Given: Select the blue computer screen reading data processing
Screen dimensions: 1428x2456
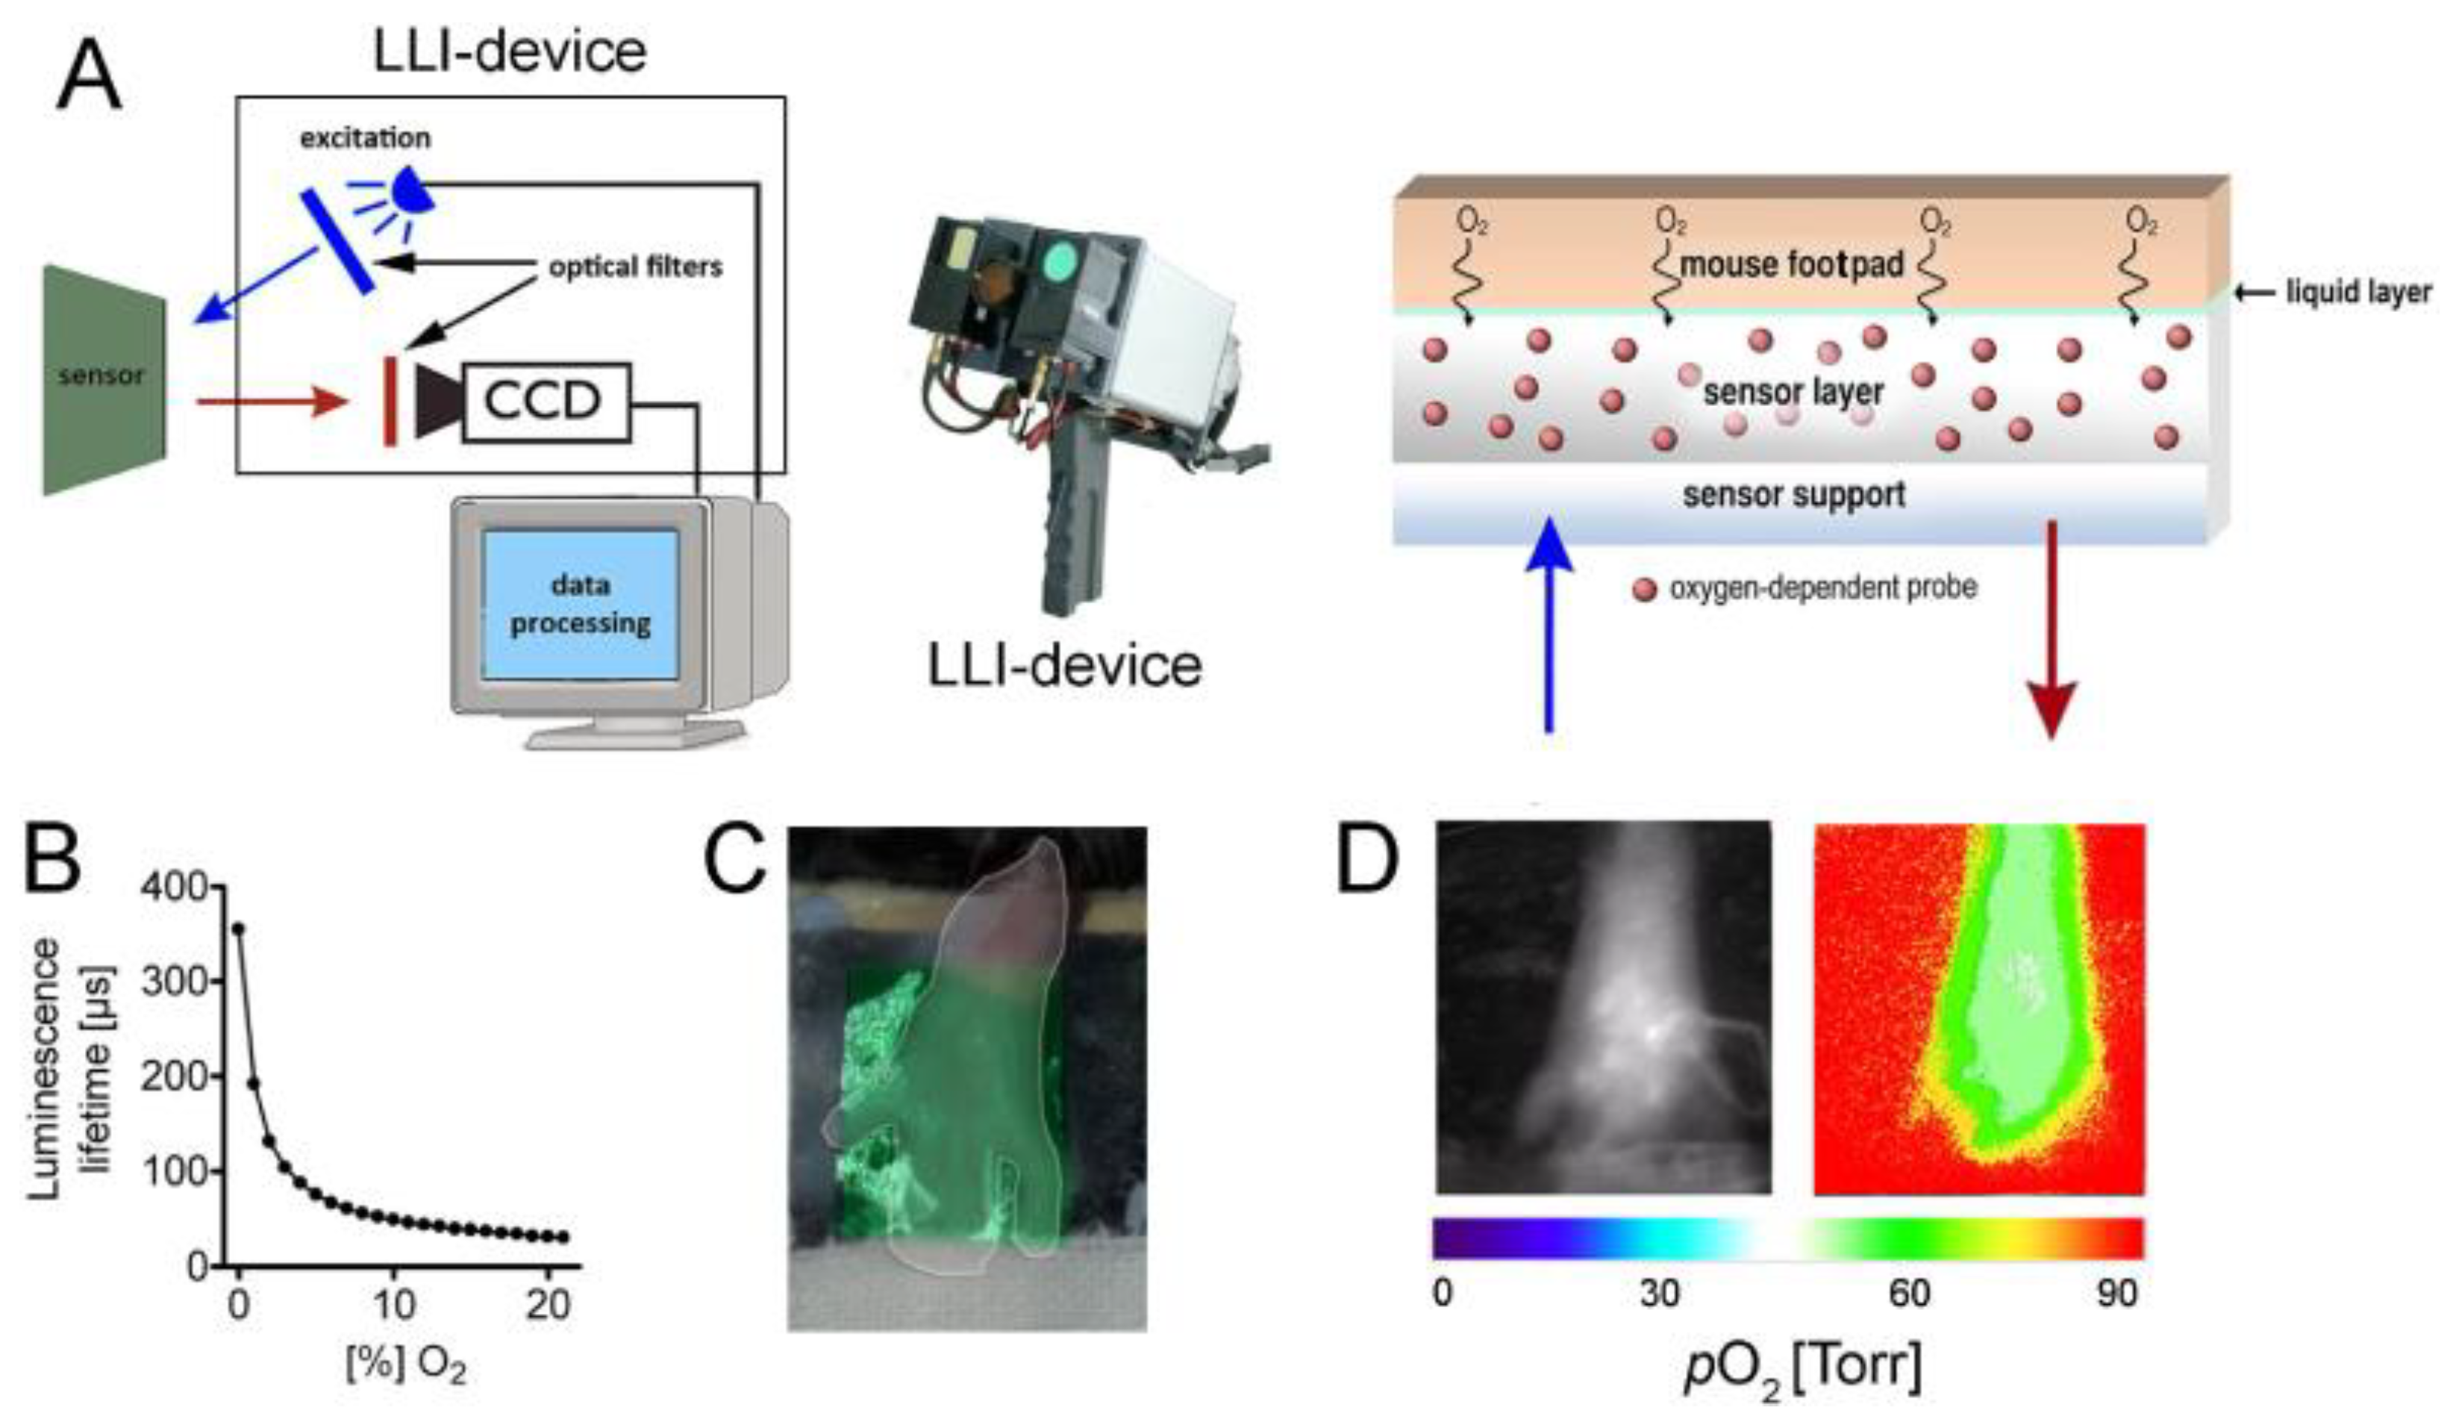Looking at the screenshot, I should pyautogui.click(x=581, y=605).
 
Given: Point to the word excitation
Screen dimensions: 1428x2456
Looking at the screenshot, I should pyautogui.click(x=364, y=138).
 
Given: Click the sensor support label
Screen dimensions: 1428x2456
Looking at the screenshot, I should pyautogui.click(x=1793, y=495).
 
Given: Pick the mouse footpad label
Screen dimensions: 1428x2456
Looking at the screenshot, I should pyautogui.click(x=1791, y=264).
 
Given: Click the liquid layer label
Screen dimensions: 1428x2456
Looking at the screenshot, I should pyautogui.click(x=2357, y=291).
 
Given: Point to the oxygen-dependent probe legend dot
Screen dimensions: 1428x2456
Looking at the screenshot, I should pyautogui.click(x=1644, y=590).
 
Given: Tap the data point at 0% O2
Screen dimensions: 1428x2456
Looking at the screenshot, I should pyautogui.click(x=238, y=929).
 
